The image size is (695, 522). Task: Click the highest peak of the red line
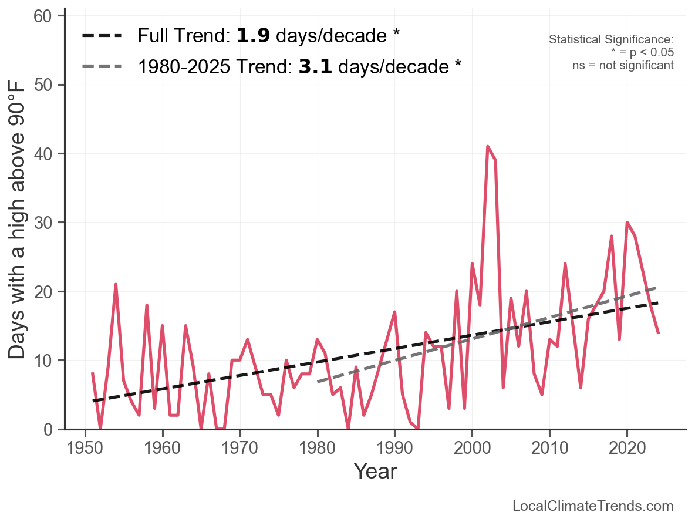(x=488, y=147)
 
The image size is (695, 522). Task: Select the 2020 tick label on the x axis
(x=627, y=448)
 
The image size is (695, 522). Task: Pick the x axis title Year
(x=375, y=471)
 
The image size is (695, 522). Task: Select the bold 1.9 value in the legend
(x=253, y=36)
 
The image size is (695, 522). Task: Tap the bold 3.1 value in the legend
(x=315, y=67)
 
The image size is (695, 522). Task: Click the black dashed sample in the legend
(x=102, y=36)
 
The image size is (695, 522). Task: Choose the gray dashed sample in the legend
(x=102, y=66)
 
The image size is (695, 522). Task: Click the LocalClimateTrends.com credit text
(x=593, y=506)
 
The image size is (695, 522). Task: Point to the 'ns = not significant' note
(x=623, y=65)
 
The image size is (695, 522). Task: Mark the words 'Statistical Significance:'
(x=611, y=39)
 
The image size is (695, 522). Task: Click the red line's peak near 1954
(x=116, y=285)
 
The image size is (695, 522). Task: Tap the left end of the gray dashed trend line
(x=318, y=382)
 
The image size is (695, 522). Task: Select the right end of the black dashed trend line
(x=659, y=303)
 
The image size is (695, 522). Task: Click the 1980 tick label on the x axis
(x=317, y=448)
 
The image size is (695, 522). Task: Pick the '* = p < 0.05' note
(x=642, y=52)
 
